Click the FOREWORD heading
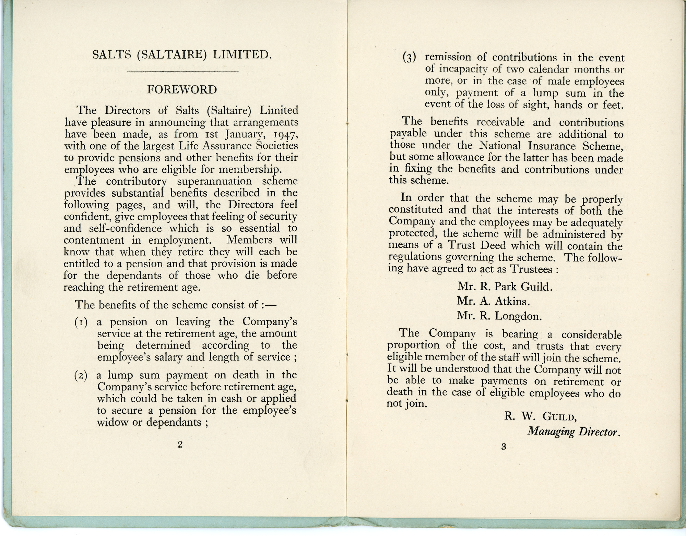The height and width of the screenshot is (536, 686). point(182,89)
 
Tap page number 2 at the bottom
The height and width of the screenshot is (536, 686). point(180,444)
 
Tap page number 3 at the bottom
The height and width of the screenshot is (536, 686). point(504,447)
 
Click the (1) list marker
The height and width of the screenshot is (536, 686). point(81,322)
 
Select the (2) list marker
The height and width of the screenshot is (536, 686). point(81,375)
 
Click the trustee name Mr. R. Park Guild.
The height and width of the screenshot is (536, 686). point(505,287)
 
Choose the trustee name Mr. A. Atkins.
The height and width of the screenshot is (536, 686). point(493,301)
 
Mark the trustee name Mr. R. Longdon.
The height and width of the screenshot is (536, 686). point(499,316)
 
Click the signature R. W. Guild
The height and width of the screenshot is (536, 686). point(540,416)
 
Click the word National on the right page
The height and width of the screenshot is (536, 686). point(500,146)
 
